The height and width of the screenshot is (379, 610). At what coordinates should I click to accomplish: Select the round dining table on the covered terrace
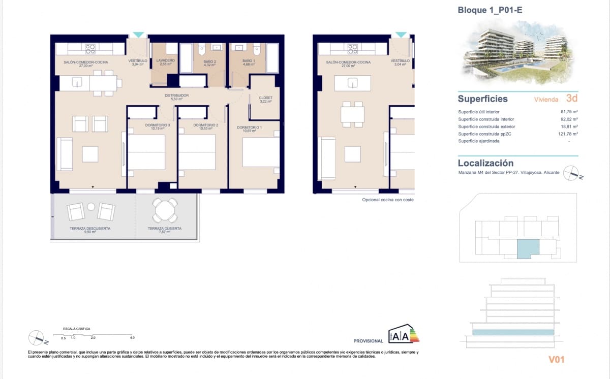pyautogui.click(x=166, y=210)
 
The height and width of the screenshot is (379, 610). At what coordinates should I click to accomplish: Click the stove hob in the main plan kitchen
pyautogui.click(x=90, y=49)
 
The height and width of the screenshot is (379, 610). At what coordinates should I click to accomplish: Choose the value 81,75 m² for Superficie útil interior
pyautogui.click(x=569, y=112)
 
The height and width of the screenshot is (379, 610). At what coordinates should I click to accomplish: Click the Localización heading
pyautogui.click(x=485, y=163)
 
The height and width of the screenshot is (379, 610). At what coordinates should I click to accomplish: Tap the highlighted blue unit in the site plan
pyautogui.click(x=527, y=249)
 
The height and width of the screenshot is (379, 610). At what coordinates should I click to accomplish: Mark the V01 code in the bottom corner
pyautogui.click(x=557, y=360)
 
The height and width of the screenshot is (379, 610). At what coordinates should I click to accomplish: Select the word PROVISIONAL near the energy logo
pyautogui.click(x=369, y=341)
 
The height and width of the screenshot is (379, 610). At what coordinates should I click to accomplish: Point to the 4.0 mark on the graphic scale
pyautogui.click(x=132, y=338)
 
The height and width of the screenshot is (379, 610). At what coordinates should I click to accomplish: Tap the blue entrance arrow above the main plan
pyautogui.click(x=138, y=35)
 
